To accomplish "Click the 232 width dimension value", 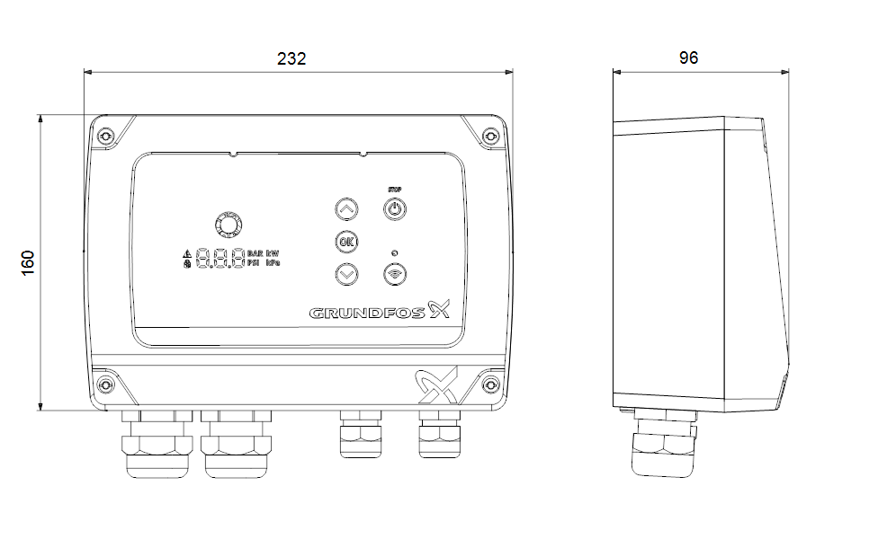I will tap(291, 58).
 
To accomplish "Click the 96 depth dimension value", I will tap(688, 58).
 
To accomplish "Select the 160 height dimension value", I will tap(28, 264).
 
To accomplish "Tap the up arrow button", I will tap(346, 210).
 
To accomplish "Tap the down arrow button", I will tap(346, 274).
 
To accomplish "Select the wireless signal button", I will tap(394, 274).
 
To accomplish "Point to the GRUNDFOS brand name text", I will tap(369, 314).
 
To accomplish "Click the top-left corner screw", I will tap(106, 136).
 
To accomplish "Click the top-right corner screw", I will tap(489, 136).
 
